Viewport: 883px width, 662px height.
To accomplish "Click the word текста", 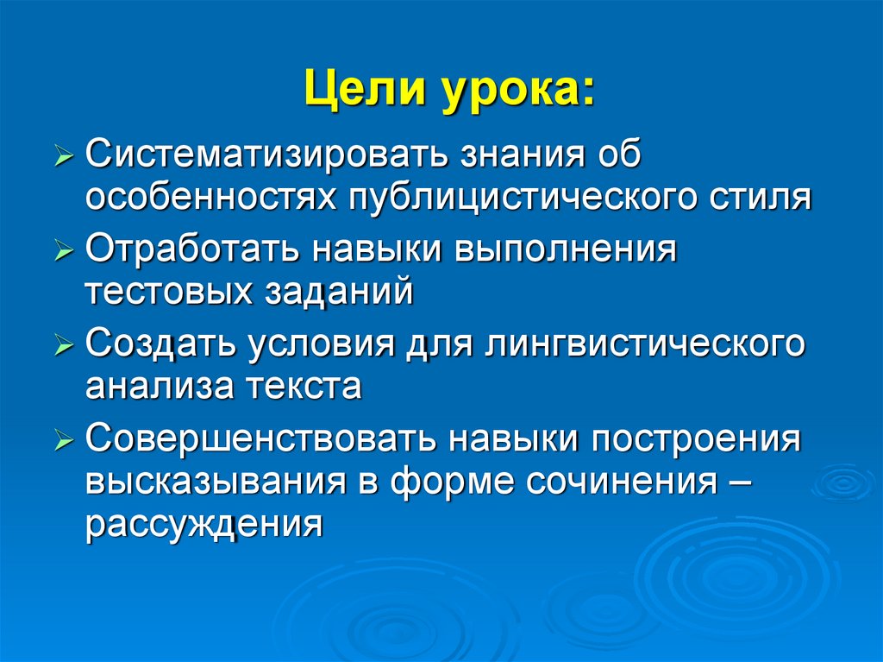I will pyautogui.click(x=307, y=385).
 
